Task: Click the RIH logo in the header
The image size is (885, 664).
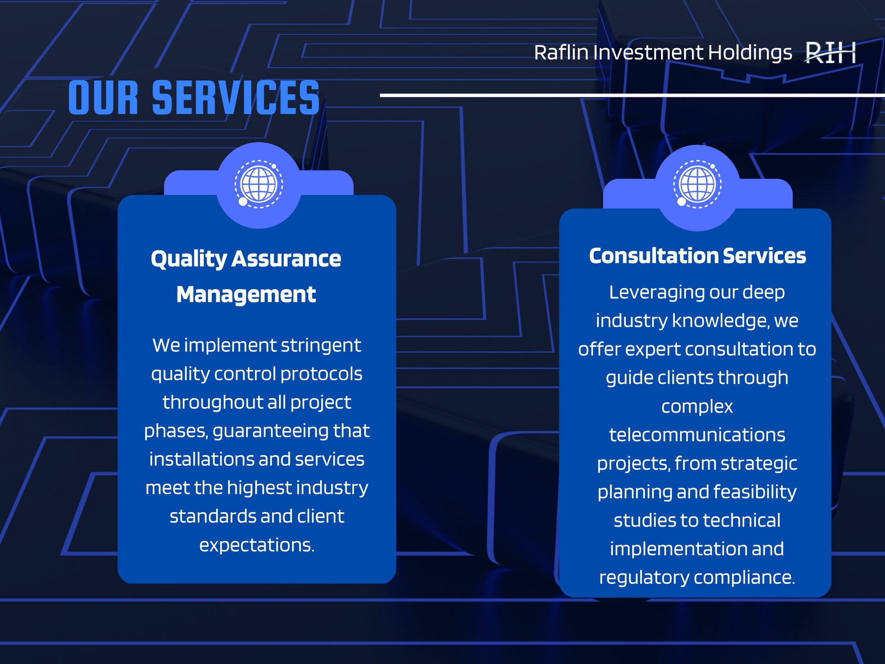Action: [830, 53]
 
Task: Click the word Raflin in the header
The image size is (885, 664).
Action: [561, 53]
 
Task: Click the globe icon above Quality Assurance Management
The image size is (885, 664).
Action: [259, 184]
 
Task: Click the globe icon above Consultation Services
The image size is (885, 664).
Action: [697, 184]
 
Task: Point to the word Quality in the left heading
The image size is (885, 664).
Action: [189, 259]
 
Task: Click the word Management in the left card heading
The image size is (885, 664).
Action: [246, 295]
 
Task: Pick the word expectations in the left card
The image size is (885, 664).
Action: [257, 545]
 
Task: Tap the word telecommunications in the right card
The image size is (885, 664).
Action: [697, 435]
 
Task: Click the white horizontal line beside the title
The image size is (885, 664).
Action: [632, 95]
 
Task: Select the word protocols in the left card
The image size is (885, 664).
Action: [321, 374]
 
